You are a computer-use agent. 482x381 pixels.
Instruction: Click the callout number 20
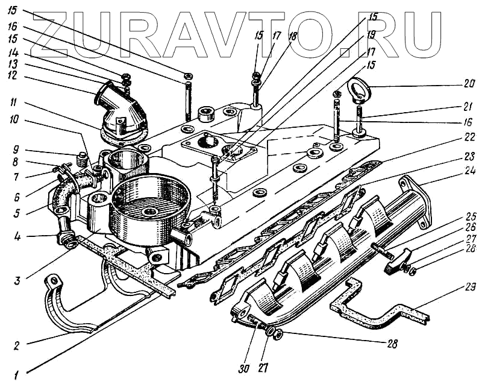(452, 83)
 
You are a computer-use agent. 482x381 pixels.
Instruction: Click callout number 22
(452, 137)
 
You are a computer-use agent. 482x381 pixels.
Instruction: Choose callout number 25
(452, 216)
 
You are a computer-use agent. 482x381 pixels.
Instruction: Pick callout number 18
(293, 36)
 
